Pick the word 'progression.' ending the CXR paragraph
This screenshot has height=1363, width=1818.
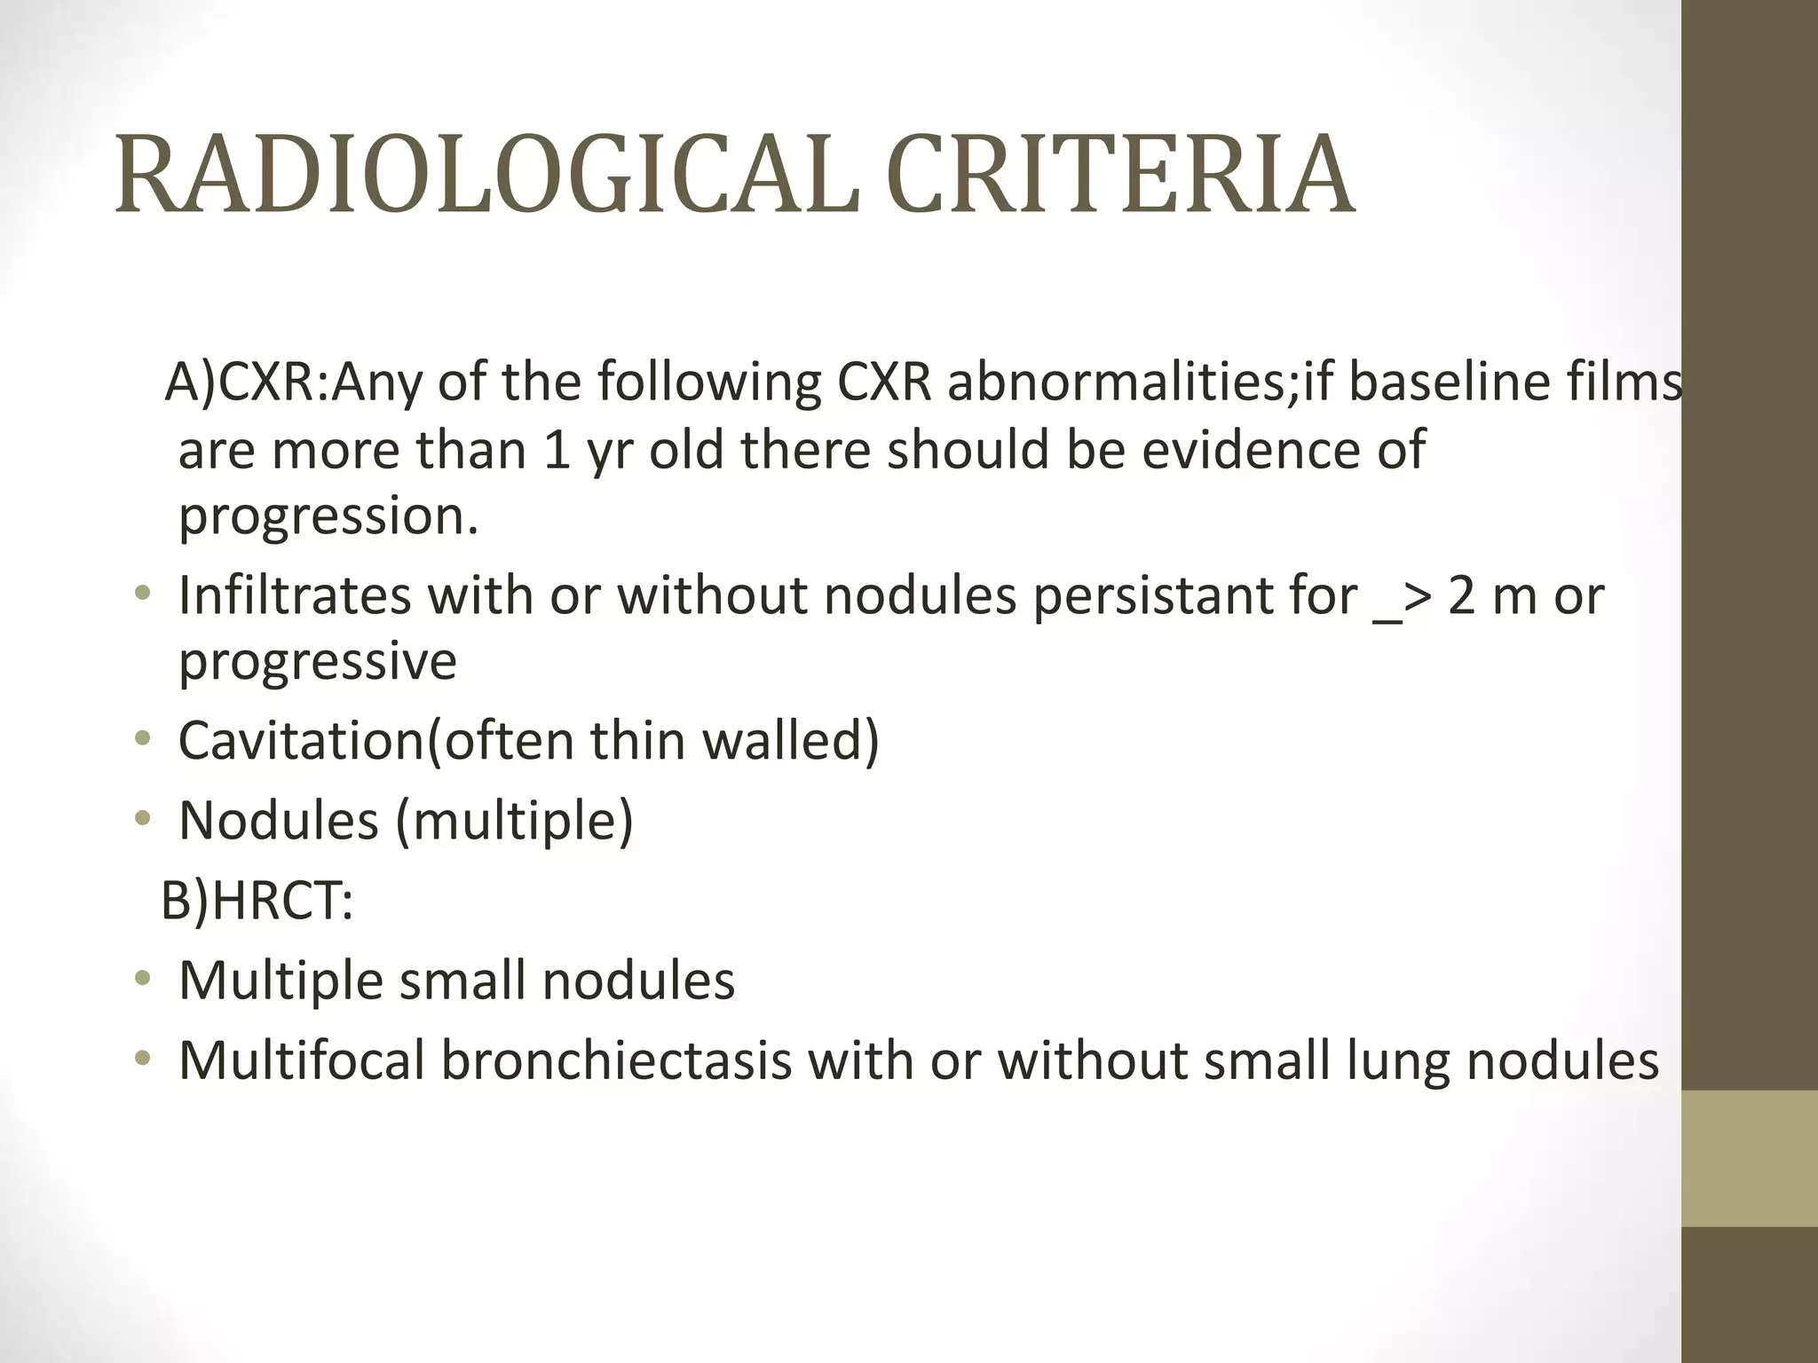[328, 516]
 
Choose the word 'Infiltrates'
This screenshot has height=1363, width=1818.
[295, 595]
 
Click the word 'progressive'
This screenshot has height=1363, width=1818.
[318, 662]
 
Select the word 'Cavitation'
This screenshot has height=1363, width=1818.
[302, 740]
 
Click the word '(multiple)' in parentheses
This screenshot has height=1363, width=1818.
[515, 820]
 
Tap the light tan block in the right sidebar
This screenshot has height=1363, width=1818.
[1749, 1158]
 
